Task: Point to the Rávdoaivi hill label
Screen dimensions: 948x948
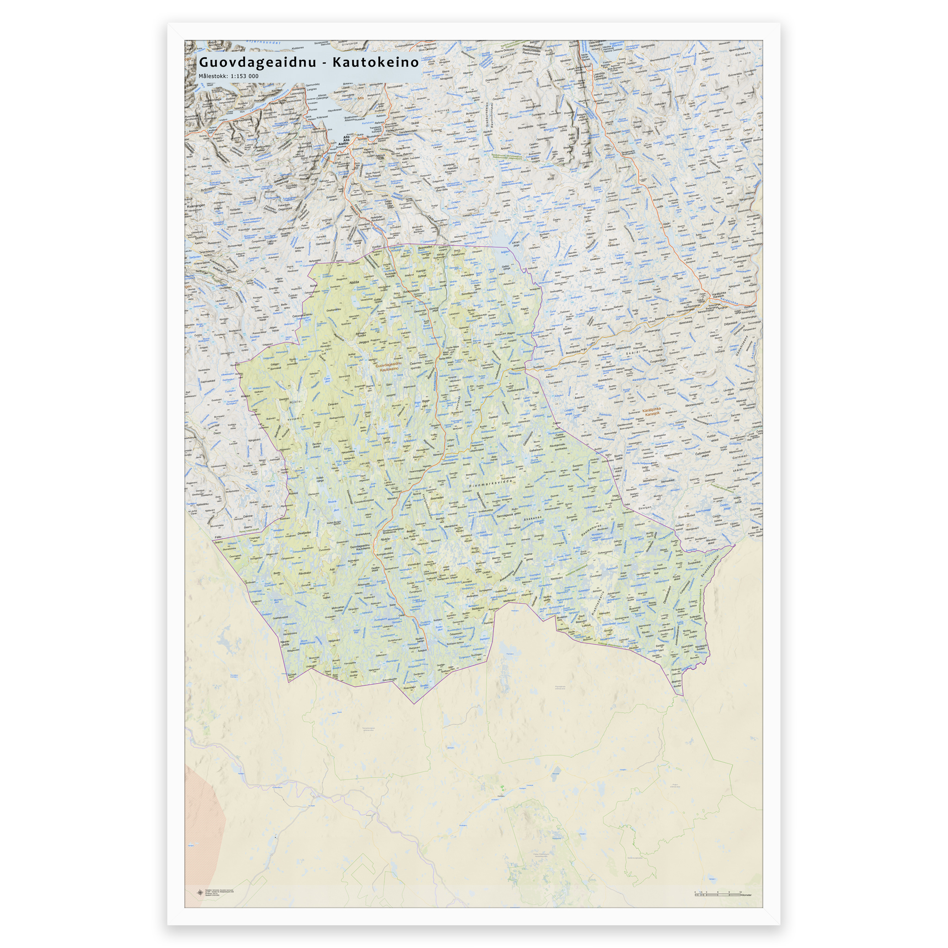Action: pyautogui.click(x=305, y=573)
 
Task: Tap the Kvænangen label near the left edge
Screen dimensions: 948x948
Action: pyautogui.click(x=195, y=206)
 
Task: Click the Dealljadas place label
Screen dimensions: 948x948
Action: pyautogui.click(x=304, y=533)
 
